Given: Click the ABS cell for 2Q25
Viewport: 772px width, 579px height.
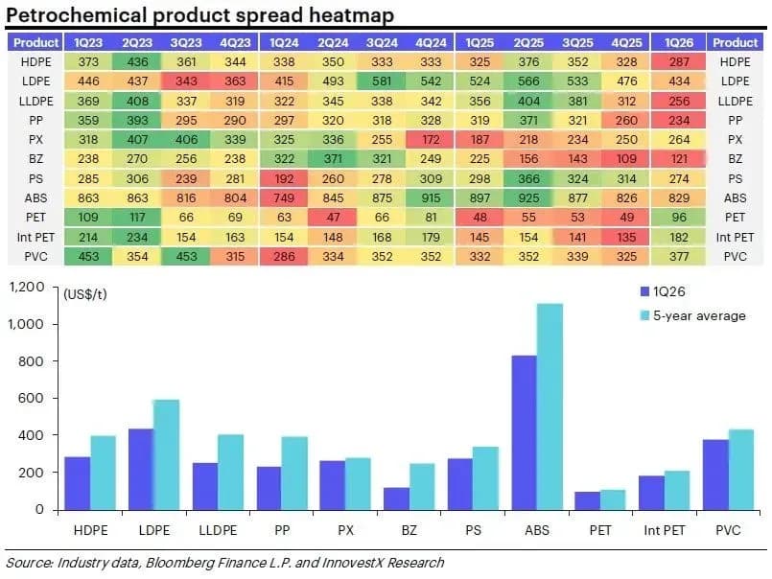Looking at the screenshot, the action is pos(528,197).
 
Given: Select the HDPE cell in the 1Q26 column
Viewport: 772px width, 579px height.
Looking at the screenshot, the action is pos(678,62).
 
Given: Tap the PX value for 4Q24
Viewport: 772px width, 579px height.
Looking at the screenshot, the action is pos(431,140).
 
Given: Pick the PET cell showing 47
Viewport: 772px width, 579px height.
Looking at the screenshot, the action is pos(333,217).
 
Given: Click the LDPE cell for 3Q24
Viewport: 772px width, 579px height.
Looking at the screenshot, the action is pos(382,81).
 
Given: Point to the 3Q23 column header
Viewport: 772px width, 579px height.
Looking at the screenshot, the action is pos(186,43).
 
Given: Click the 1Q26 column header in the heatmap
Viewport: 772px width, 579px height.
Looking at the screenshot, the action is pos(678,43).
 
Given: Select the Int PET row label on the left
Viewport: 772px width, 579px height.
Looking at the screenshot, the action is pos(35,237).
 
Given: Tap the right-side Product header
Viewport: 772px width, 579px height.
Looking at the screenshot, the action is pos(735,43).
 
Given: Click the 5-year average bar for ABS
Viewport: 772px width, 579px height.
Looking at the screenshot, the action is pos(550,406).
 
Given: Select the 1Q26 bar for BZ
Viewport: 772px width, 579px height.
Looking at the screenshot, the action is pos(396,498).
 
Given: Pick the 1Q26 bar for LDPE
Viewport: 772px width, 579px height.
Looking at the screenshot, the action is pos(141,469).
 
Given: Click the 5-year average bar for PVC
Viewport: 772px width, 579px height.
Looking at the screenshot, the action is pos(741,470).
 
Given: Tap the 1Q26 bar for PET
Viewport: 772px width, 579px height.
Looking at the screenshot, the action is pos(587,500).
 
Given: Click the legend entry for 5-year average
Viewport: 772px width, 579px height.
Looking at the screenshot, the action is pos(693,315).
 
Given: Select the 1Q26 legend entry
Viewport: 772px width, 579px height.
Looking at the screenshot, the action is pos(663,291).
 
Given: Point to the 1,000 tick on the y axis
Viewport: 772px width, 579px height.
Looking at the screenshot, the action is pos(26,324).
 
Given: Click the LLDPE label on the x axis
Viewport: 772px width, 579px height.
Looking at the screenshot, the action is pos(218,530).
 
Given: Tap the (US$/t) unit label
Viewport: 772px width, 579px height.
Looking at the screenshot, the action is pos(85,294).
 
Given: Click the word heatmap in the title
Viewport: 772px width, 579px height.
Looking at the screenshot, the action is pos(352,15).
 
